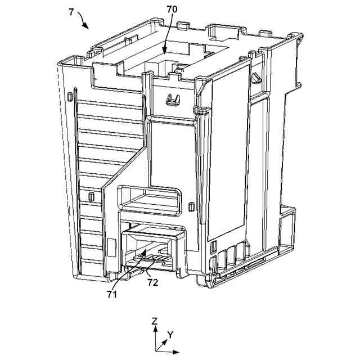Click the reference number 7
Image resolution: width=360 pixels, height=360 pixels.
(x=71, y=12)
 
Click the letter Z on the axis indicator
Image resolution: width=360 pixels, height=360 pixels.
(x=155, y=321)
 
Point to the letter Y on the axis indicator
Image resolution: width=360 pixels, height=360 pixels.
(x=171, y=334)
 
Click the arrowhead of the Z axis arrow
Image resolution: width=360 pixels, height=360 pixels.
(x=155, y=328)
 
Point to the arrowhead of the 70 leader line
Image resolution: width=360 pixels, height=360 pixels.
(x=164, y=53)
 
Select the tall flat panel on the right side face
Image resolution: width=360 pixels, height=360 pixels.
(x=228, y=152)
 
